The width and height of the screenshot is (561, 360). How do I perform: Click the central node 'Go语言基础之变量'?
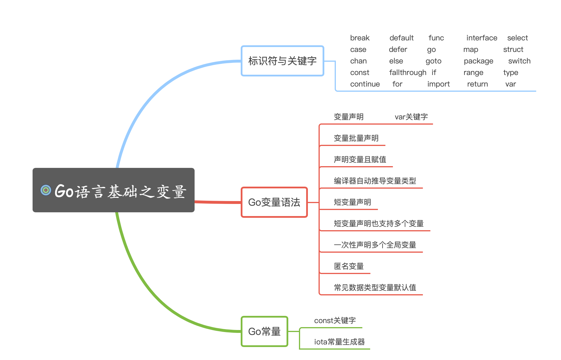pos(121,191)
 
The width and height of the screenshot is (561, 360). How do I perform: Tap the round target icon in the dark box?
pos(46,190)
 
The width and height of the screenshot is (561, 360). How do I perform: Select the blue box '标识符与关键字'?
pos(282,61)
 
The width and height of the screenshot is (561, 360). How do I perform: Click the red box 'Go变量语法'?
pos(274,202)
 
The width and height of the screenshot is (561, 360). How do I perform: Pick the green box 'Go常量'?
pos(264,331)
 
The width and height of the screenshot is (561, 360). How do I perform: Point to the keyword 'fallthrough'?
pos(408,72)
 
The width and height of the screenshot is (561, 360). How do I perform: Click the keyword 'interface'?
pos(482,38)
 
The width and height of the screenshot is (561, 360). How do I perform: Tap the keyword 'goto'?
pos(433,61)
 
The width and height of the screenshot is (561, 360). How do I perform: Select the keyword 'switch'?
pos(519,61)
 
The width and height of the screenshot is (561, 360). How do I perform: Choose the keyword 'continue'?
pos(365,84)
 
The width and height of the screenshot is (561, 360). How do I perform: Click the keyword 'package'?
pos(479,61)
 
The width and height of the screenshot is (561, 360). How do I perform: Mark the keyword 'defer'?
pos(398,49)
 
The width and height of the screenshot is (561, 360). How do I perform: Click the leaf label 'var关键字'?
pos(411,117)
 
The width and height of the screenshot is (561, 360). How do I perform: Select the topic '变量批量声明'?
pos(356,138)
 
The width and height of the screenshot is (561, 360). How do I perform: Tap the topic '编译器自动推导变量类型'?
pos(375,181)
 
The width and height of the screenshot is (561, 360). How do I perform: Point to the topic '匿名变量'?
pos(349,266)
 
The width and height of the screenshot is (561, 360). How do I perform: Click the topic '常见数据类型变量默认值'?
pos(375,288)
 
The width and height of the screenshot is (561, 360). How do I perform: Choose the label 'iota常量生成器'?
pos(339,342)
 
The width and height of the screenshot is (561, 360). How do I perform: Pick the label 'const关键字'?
pos(335,320)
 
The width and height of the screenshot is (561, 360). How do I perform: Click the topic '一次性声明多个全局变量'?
pos(375,245)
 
